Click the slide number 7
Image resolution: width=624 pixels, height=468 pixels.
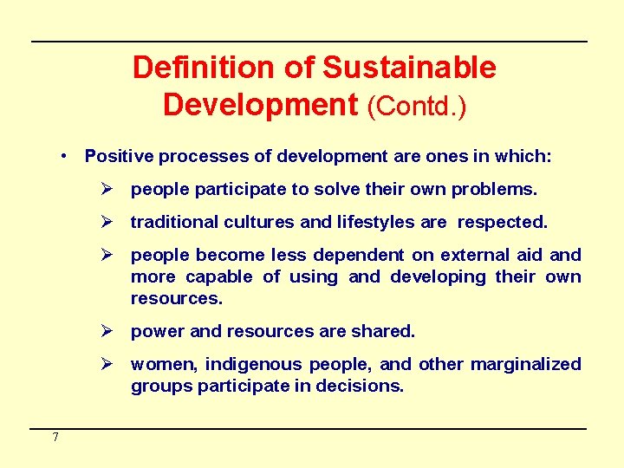point(55,438)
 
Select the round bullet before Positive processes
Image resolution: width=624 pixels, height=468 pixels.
point(65,156)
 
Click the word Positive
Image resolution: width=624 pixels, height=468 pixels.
point(119,156)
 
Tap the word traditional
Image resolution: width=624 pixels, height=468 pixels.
point(174,222)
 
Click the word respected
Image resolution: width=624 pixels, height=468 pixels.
point(503,222)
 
